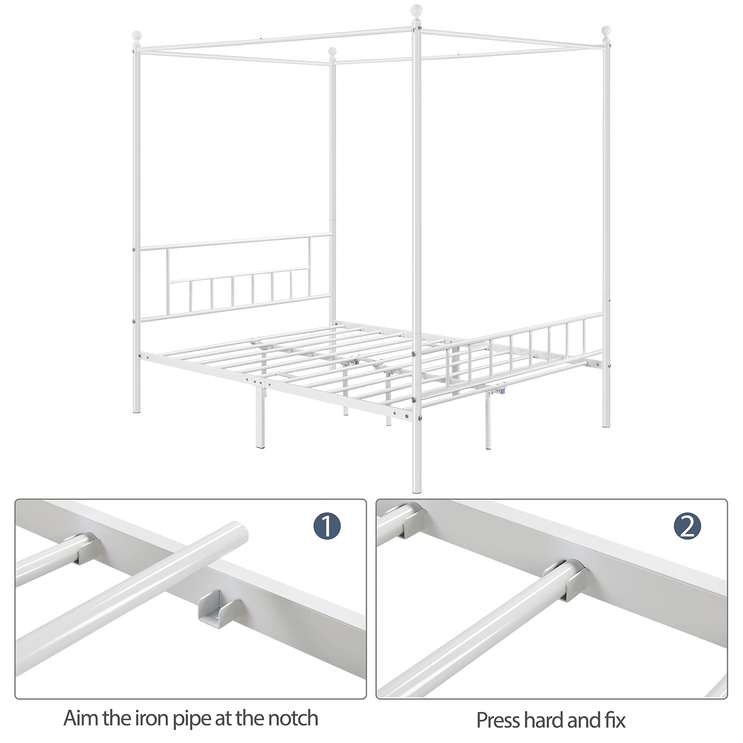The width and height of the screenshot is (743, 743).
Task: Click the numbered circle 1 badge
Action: click(x=327, y=525)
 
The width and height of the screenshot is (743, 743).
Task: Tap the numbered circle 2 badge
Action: click(x=687, y=526)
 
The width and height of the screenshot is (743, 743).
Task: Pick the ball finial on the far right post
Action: click(x=606, y=32)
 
